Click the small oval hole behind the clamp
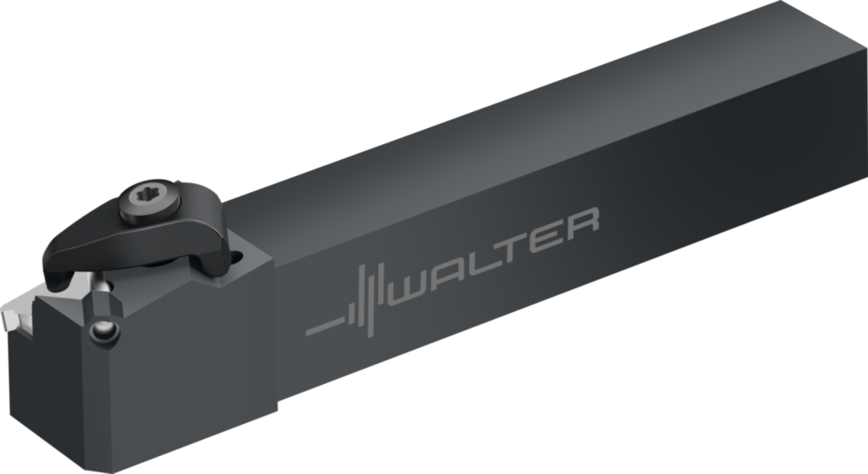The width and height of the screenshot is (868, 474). (x=237, y=257)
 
